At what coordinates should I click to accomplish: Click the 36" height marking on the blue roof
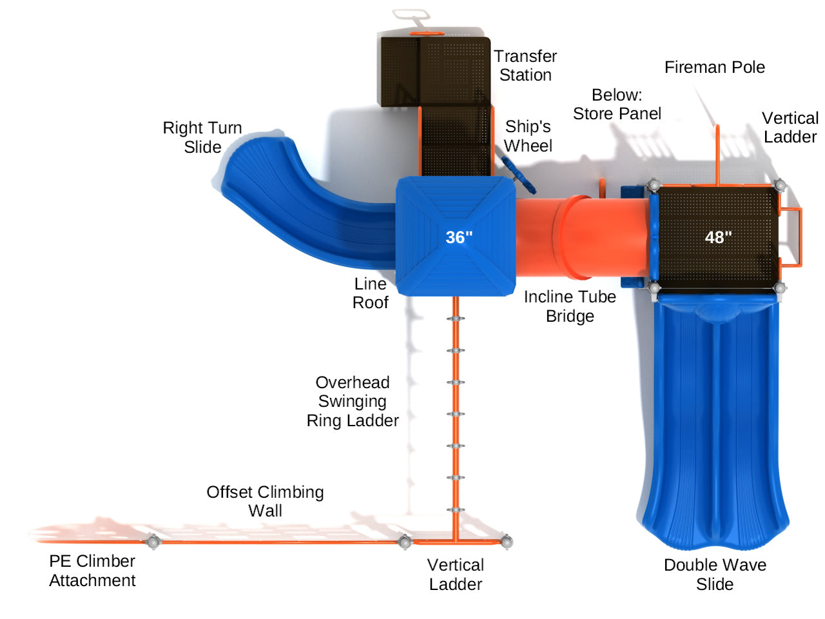pyautogui.click(x=459, y=237)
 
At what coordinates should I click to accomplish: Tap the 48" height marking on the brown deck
pyautogui.click(x=718, y=237)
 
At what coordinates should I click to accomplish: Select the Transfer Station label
pyautogui.click(x=525, y=66)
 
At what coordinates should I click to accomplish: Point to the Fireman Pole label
pyautogui.click(x=714, y=67)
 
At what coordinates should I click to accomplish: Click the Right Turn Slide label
pyautogui.click(x=202, y=137)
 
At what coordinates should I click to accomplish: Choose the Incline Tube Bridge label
pyautogui.click(x=570, y=306)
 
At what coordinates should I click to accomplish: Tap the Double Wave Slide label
pyautogui.click(x=715, y=575)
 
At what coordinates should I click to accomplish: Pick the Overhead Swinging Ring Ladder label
pyautogui.click(x=353, y=401)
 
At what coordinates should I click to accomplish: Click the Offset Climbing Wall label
pyautogui.click(x=265, y=501)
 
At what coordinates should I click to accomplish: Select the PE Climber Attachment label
pyautogui.click(x=92, y=571)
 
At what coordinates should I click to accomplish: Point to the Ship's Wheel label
pyautogui.click(x=528, y=136)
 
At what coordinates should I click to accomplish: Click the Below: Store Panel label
pyautogui.click(x=617, y=104)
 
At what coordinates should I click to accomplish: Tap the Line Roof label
pyautogui.click(x=371, y=293)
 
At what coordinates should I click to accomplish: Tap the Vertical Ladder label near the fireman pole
pyautogui.click(x=790, y=128)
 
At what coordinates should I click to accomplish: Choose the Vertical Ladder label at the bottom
pyautogui.click(x=456, y=575)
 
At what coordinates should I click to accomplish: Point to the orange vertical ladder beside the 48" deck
pyautogui.click(x=792, y=237)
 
